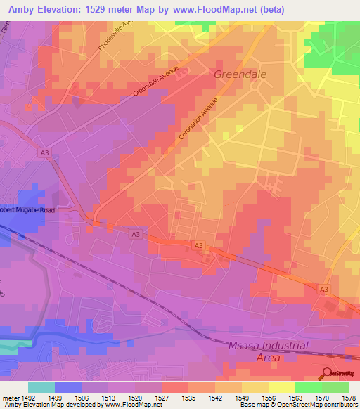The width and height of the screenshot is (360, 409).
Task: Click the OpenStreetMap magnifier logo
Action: [327, 373]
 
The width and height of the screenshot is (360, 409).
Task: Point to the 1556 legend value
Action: [269, 397]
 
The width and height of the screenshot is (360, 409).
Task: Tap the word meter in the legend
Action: [11, 397]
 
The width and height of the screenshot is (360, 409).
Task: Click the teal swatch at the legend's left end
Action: [41, 387]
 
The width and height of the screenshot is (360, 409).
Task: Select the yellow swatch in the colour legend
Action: [281, 387]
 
